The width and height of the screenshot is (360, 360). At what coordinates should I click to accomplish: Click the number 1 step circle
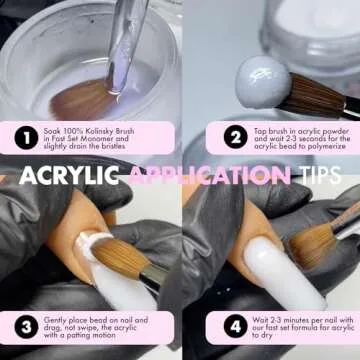26,138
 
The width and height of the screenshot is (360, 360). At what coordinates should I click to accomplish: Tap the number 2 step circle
236,137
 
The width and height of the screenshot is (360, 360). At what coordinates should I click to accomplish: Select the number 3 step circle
27,327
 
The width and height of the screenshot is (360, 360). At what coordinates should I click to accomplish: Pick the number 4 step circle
236,326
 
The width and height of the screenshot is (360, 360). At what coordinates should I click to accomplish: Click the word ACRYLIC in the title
69,175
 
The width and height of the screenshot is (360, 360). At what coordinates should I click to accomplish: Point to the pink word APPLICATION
209,175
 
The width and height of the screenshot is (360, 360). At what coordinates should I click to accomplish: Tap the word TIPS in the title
320,175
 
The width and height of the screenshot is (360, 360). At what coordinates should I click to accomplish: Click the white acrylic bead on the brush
263,82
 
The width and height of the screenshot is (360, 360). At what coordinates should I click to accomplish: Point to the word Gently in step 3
55,320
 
